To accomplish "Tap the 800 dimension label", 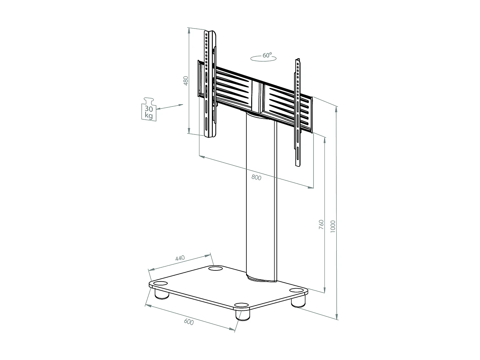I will click(256, 177).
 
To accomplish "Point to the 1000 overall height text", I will click(333, 227).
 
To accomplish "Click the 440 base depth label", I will click(180, 258).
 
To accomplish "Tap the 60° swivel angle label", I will click(267, 55).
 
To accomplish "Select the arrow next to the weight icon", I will click(170, 107).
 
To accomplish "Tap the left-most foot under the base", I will click(162, 294).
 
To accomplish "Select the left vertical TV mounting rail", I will click(210, 83).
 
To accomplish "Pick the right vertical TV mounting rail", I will click(298, 112).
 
